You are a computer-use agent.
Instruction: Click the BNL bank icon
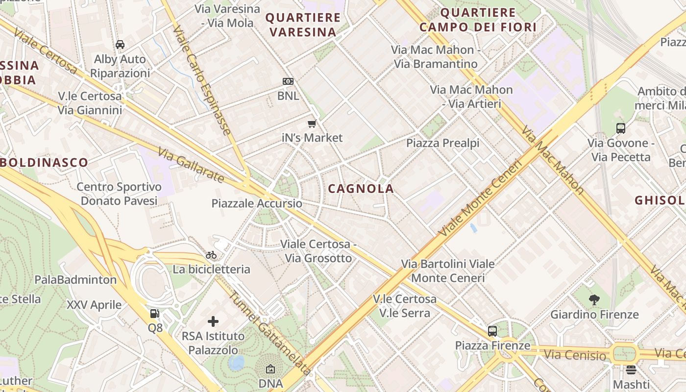pyautogui.click(x=288, y=81)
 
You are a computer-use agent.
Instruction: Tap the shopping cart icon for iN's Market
pyautogui.click(x=312, y=123)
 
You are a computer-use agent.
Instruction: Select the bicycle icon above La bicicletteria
pyautogui.click(x=211, y=255)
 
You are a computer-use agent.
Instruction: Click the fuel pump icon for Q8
pyautogui.click(x=155, y=314)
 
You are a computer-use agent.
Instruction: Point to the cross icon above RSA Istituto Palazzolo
pyautogui.click(x=213, y=321)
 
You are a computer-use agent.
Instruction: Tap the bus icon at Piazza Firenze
pyautogui.click(x=492, y=331)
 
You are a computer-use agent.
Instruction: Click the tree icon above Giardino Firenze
pyautogui.click(x=594, y=300)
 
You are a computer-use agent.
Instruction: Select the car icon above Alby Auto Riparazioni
pyautogui.click(x=120, y=45)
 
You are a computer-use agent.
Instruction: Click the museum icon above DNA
pyautogui.click(x=270, y=369)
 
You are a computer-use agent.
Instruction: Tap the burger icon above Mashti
pyautogui.click(x=631, y=370)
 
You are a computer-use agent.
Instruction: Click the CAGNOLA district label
pyautogui.click(x=361, y=189)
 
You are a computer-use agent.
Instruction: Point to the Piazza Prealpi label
pyautogui.click(x=442, y=143)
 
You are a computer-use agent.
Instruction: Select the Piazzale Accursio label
pyautogui.click(x=257, y=203)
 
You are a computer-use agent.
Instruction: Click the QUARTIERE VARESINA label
pyautogui.click(x=303, y=25)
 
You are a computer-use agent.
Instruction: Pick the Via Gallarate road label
pyautogui.click(x=191, y=167)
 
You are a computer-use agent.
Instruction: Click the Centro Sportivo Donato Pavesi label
pyautogui.click(x=119, y=194)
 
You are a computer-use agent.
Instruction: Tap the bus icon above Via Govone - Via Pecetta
pyautogui.click(x=621, y=128)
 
